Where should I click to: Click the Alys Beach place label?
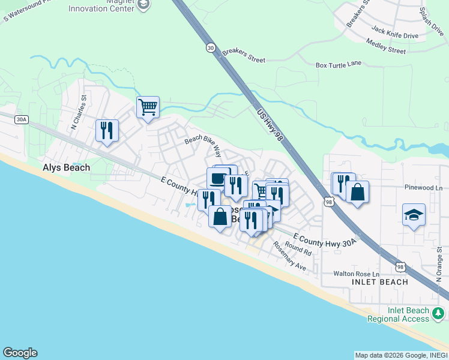point(66,168)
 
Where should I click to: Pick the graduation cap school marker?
point(414,214)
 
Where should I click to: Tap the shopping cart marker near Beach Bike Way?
point(148,108)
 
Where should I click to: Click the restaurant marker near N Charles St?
point(107,130)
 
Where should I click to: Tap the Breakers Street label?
point(243,56)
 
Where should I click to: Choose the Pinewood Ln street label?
point(423,188)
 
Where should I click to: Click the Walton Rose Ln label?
point(357,274)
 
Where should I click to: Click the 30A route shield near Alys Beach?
point(21,119)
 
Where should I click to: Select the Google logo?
point(20,353)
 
